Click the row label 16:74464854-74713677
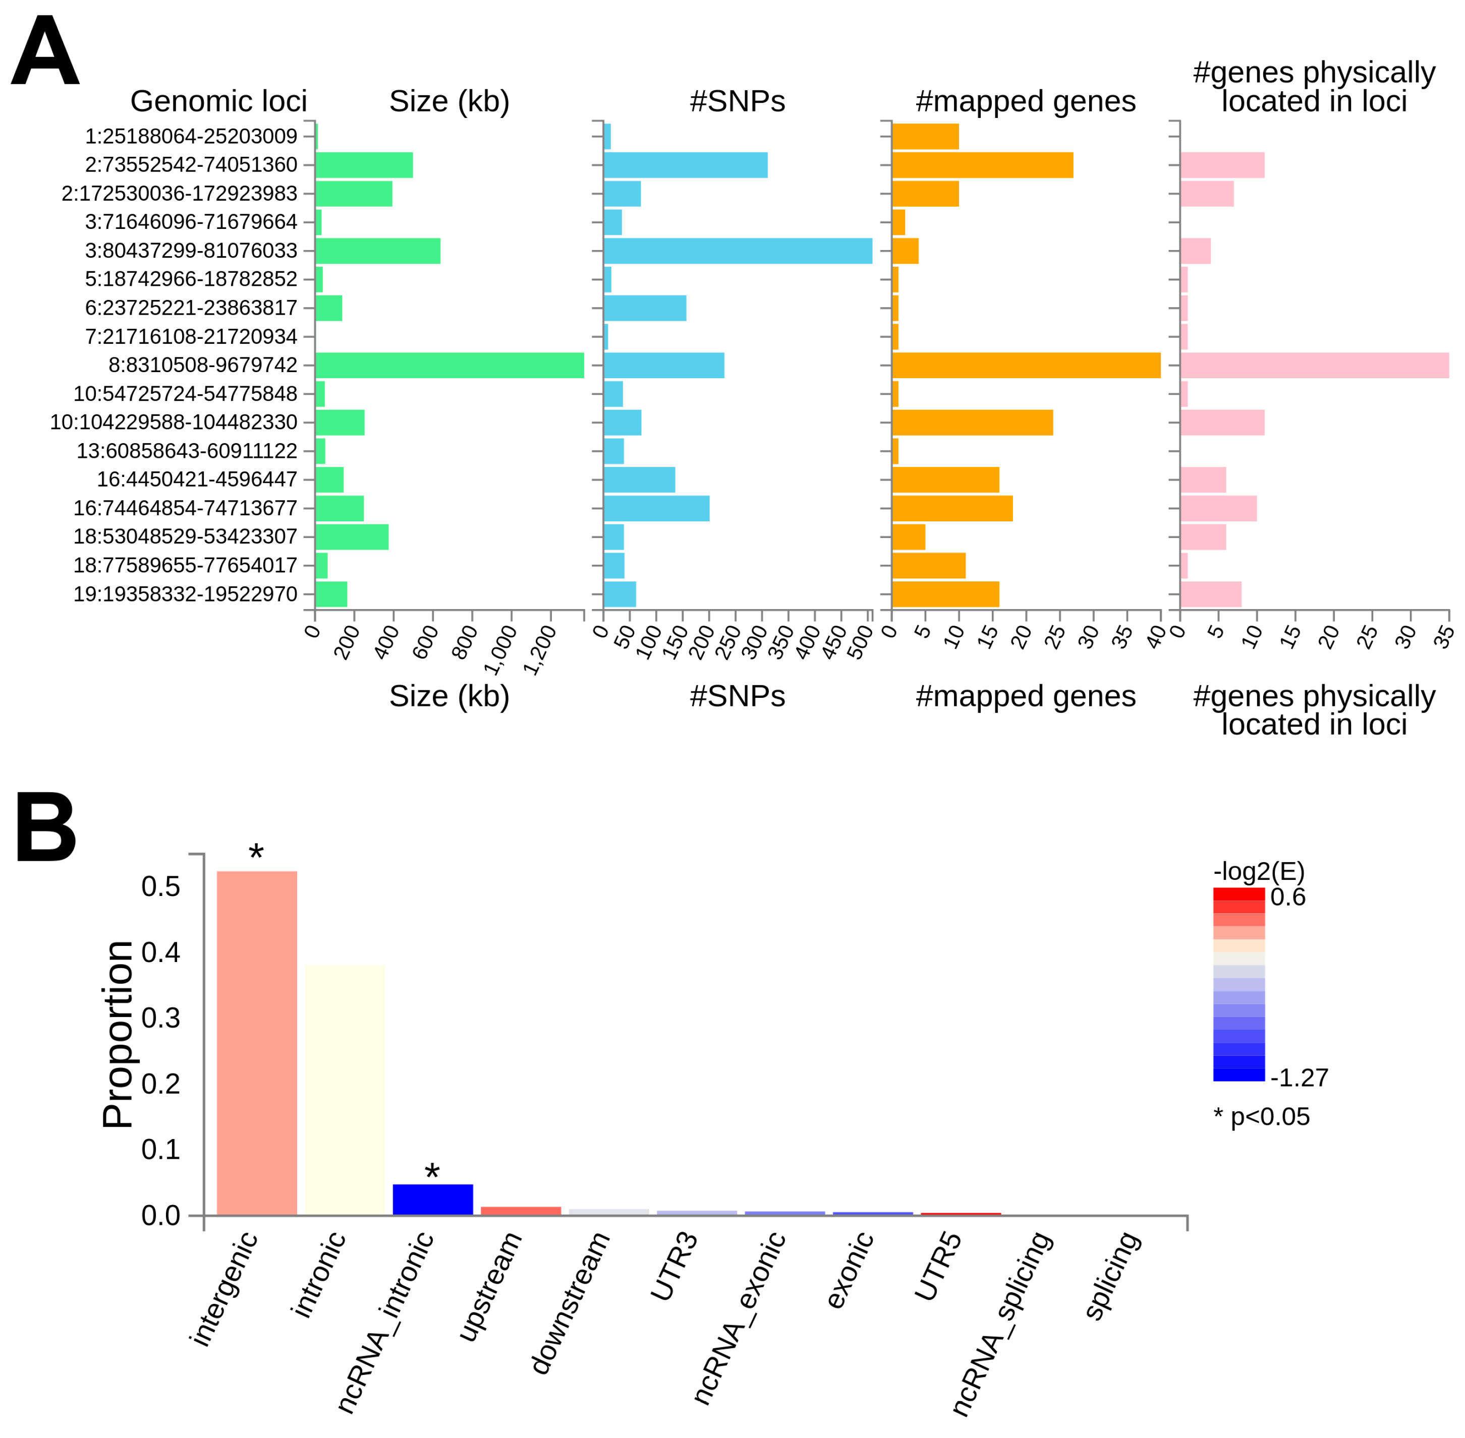(185, 508)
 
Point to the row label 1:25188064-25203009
(191, 137)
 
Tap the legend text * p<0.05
(1261, 1116)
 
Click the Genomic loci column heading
(218, 101)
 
